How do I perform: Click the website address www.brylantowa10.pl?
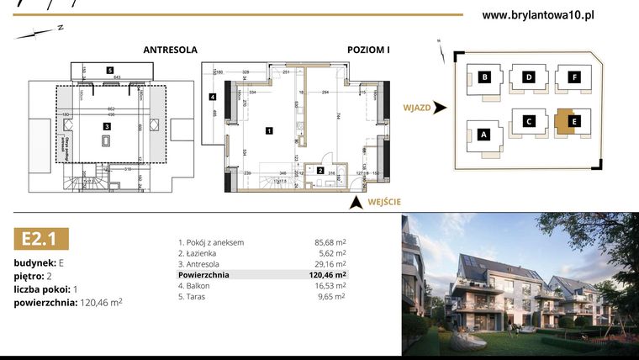(x=539, y=14)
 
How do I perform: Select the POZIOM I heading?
(x=368, y=50)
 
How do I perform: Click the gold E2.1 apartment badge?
(x=40, y=239)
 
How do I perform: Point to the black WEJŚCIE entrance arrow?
(x=356, y=201)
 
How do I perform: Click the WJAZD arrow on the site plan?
(x=441, y=108)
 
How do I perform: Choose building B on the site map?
(x=485, y=78)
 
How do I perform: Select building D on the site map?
(x=529, y=78)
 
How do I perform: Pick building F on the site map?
(x=574, y=78)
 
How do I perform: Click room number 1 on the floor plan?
(x=268, y=130)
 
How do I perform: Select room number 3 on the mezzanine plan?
(x=107, y=126)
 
